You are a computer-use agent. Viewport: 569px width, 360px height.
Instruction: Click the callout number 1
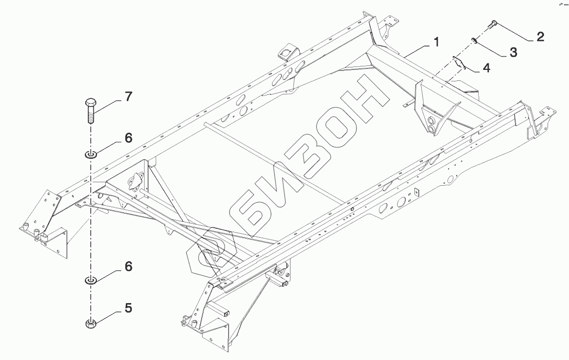tap(437, 42)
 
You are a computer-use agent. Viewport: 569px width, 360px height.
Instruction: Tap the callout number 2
tap(540, 36)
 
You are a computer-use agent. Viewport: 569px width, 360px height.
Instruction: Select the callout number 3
tap(512, 52)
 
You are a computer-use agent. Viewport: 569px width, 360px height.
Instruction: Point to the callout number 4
tap(486, 68)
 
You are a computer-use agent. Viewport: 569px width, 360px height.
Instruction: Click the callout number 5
tap(128, 309)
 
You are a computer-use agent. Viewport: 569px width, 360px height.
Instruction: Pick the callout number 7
tap(128, 97)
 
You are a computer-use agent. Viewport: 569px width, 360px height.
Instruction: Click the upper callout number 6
tap(128, 138)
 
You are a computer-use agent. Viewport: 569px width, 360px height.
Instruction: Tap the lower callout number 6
tap(128, 267)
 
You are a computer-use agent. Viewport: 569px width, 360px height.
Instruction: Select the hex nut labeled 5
tap(91, 324)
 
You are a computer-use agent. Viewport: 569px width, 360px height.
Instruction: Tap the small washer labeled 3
tap(475, 40)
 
